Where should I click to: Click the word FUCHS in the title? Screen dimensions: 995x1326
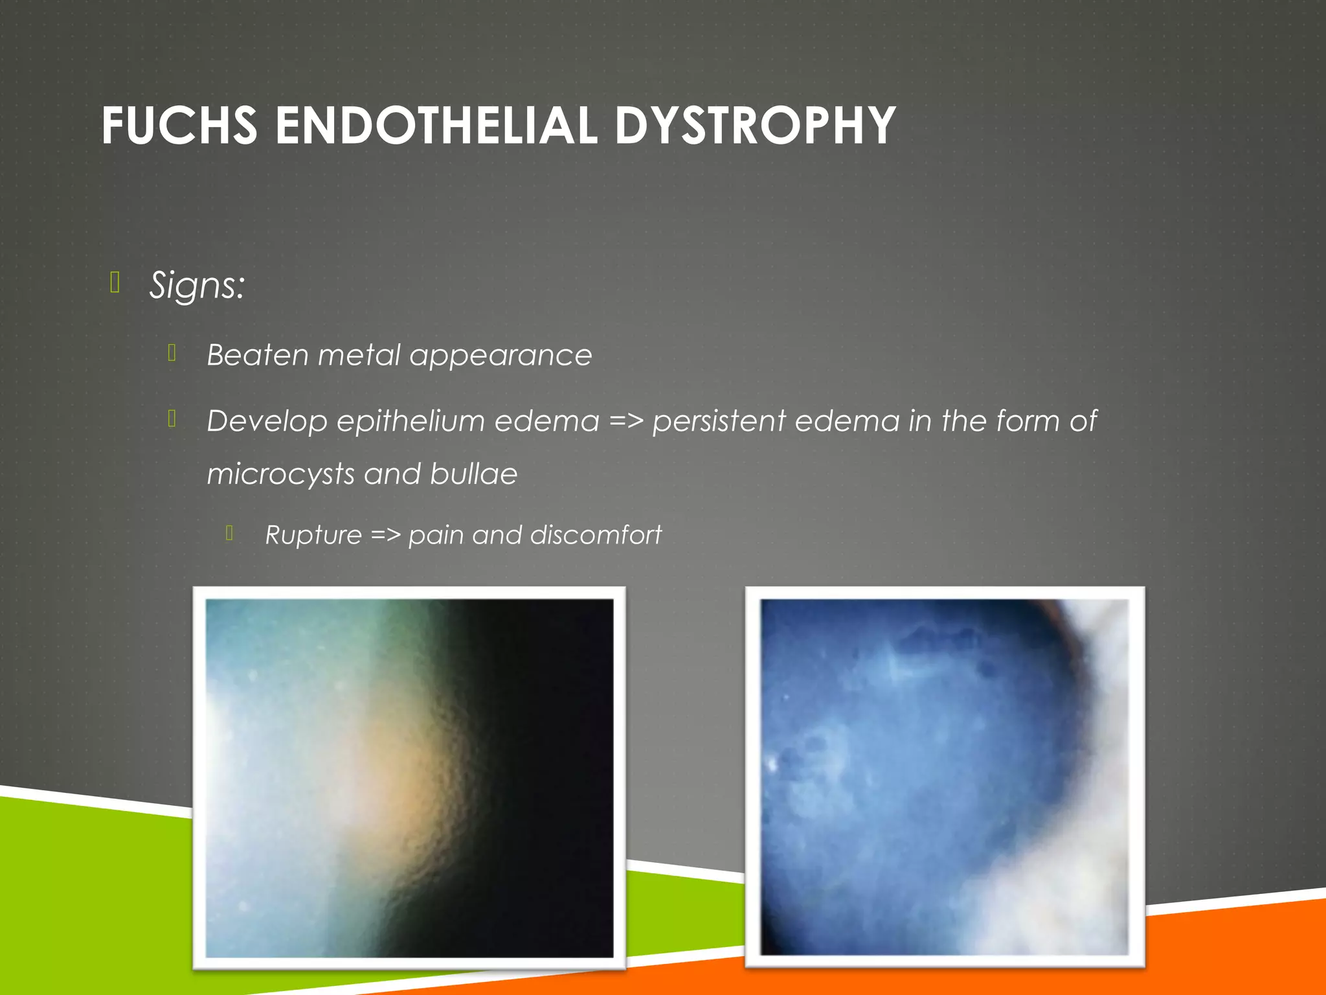coord(179,126)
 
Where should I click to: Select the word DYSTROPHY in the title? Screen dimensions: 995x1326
coord(755,126)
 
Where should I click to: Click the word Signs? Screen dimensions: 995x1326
coord(197,286)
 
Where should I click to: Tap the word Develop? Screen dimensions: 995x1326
coord(267,422)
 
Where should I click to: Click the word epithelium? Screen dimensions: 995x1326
coord(410,422)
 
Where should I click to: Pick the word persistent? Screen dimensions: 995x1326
coord(719,422)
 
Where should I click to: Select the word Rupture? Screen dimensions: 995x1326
coord(313,535)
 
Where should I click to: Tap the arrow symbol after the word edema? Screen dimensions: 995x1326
coord(626,422)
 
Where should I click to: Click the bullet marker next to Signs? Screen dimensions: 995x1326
coord(115,283)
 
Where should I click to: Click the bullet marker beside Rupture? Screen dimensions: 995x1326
coord(230,533)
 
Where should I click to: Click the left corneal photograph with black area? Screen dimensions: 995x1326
coord(409,777)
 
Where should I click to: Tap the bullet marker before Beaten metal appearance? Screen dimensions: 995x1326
coord(172,352)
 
